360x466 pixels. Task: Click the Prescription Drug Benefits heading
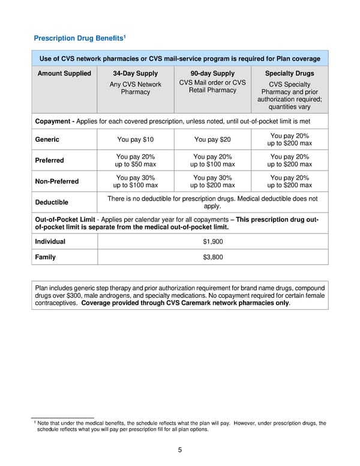78,39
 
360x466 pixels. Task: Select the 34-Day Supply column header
135,73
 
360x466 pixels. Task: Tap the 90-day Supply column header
212,73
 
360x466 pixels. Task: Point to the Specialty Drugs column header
290,73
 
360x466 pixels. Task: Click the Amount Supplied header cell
64,73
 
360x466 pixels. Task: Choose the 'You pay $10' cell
135,140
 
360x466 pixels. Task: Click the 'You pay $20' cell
212,140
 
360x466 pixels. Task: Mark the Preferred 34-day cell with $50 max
135,160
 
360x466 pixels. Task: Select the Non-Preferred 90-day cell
212,181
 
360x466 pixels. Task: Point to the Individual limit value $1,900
212,241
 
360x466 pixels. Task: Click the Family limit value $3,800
212,257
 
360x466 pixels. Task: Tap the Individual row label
50,241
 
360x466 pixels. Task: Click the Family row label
46,257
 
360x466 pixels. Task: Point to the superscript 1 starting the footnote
34,422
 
